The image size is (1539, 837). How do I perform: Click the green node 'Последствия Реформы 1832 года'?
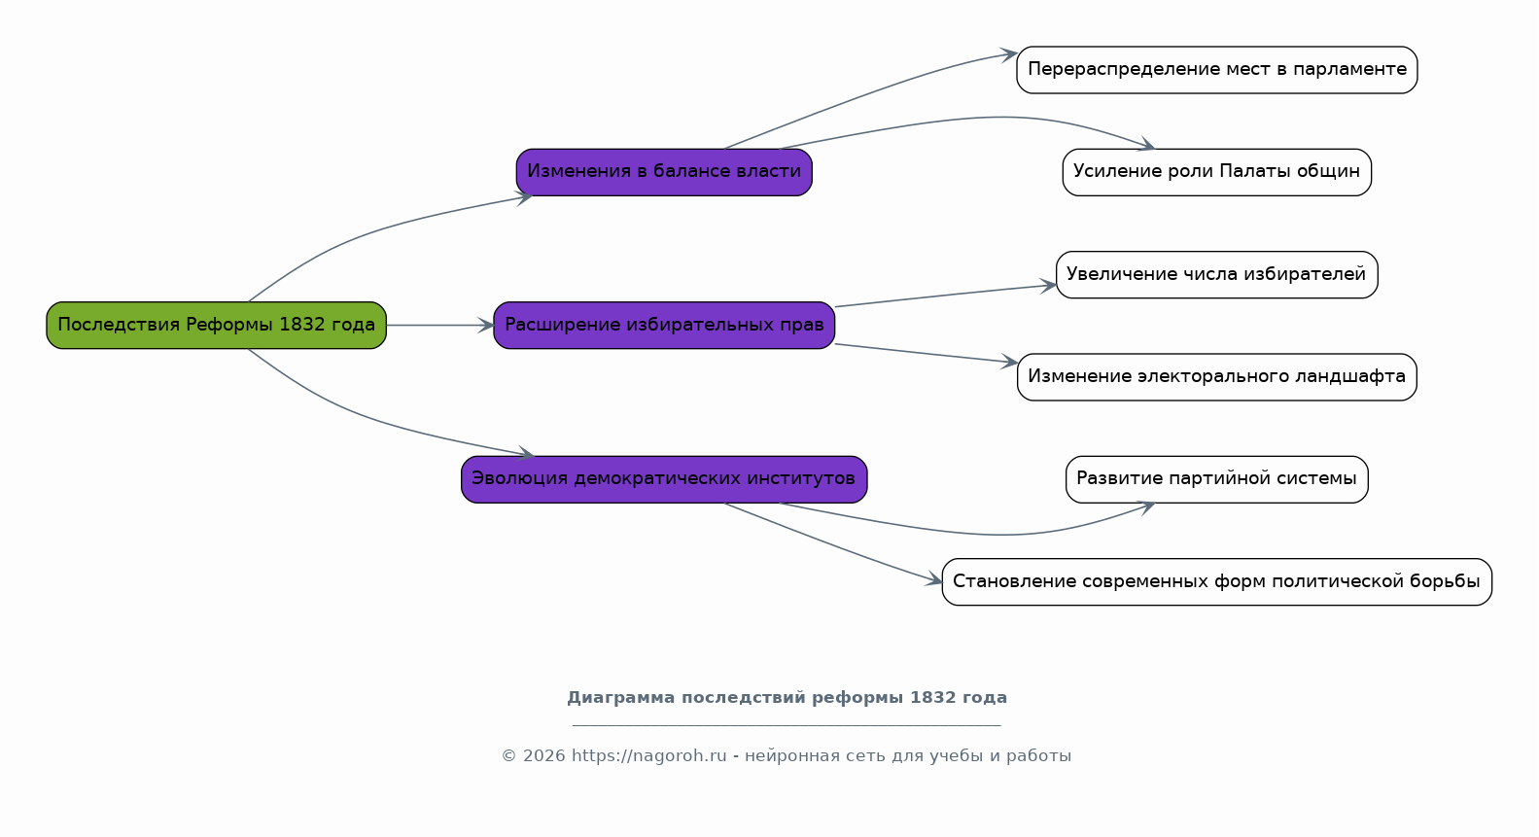coord(217,325)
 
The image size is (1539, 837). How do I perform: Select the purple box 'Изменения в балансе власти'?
coord(664,172)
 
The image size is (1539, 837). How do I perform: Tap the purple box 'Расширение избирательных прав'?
coord(664,325)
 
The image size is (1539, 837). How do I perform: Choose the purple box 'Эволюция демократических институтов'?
coord(664,479)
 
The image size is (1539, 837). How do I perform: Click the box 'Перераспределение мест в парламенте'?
coord(1217,69)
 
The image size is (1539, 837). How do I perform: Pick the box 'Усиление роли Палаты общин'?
coord(1217,172)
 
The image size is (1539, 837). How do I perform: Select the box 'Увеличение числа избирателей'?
coord(1217,274)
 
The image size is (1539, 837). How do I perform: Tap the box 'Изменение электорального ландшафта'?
coord(1217,376)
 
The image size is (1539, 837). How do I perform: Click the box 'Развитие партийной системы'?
coord(1217,479)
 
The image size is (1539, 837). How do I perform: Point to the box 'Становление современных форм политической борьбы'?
coord(1217,581)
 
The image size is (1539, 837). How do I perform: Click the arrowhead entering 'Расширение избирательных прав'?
coord(486,325)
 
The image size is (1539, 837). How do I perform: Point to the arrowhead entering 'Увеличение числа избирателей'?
coord(1048,286)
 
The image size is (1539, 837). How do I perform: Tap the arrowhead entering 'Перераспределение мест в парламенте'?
coord(1008,55)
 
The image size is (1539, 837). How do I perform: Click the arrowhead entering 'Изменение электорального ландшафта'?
coord(1009,361)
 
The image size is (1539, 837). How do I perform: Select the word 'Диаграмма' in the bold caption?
coord(621,698)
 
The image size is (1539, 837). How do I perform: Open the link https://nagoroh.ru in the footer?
coord(649,756)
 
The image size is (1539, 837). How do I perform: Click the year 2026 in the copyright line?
coord(544,756)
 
